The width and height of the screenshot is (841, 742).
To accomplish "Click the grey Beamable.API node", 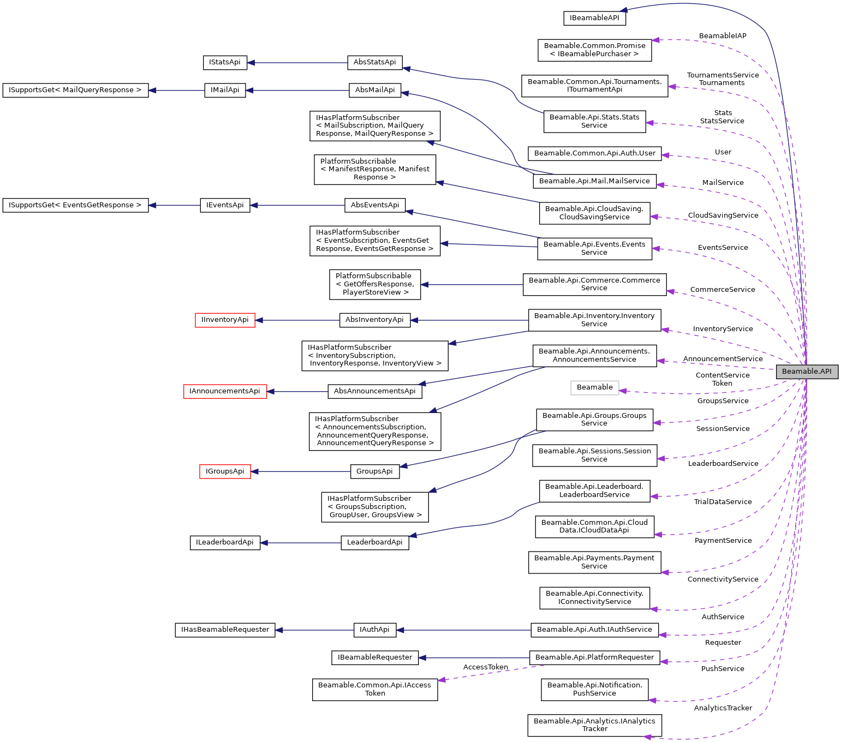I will point(807,372).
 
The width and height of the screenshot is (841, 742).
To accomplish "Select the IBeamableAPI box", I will point(594,18).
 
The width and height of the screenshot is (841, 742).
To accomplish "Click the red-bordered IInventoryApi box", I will point(225,320).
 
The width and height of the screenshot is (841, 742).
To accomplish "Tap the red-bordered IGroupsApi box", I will point(225,471).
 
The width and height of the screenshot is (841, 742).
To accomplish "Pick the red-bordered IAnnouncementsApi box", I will point(225,391).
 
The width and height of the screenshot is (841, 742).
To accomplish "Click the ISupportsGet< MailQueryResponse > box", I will point(75,90).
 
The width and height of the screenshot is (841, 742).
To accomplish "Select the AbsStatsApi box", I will point(374,62).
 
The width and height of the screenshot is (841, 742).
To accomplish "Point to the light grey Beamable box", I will point(594,387).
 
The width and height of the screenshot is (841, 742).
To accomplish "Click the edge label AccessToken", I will point(485,667).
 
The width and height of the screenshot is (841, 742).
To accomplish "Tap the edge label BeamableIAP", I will point(722,36).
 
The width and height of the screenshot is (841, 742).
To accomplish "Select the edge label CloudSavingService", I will point(723,215).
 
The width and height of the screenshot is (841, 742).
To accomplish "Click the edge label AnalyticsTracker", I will point(723,708).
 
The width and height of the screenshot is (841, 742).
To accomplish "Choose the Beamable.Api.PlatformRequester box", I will point(594,657).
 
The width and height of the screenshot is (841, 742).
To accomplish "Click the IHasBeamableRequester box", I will point(225,630).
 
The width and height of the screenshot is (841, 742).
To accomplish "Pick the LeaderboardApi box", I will point(374,542).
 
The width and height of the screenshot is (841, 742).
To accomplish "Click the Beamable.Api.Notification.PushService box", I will point(594,689).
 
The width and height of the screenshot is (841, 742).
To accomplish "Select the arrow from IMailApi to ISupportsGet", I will point(176,90).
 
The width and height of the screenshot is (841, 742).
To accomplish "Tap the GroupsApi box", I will point(374,471).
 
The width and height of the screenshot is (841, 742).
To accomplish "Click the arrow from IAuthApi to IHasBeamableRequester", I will point(314,630).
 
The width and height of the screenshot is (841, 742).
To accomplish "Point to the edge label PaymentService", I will point(723,540).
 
